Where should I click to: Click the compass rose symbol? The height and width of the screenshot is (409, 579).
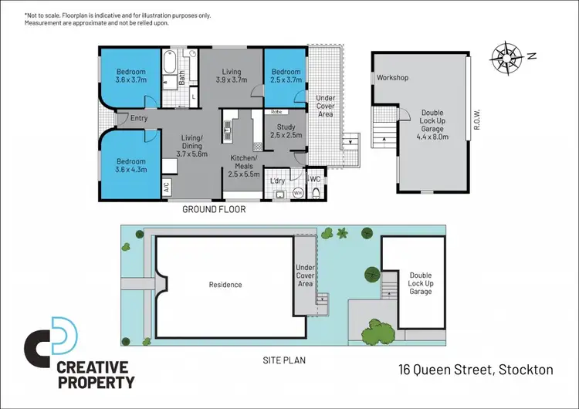[x=507, y=56]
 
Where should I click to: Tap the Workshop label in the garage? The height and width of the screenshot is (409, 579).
[x=392, y=78]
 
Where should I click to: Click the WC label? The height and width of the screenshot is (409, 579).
[x=315, y=179]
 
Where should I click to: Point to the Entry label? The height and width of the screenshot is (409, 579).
[x=139, y=118]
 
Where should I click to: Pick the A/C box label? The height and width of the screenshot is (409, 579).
[x=167, y=186]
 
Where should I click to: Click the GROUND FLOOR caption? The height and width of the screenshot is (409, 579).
[x=214, y=209]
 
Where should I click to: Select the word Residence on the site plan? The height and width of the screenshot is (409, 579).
[x=225, y=285]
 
